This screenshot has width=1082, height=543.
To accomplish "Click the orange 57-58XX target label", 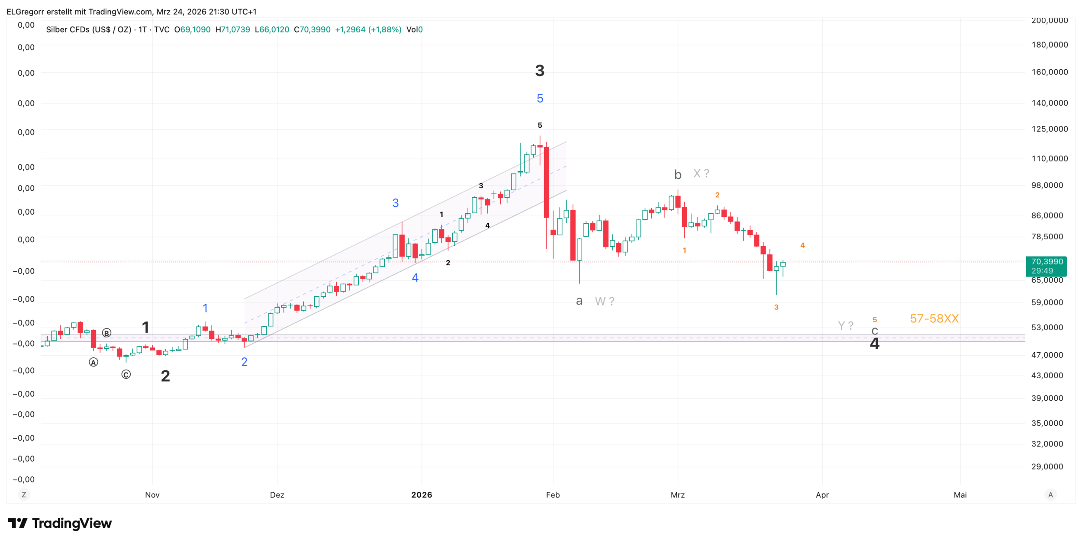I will (x=934, y=319).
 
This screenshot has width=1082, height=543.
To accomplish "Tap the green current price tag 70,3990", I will (x=1046, y=266).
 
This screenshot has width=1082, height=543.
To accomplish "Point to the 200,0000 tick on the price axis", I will (x=1050, y=20).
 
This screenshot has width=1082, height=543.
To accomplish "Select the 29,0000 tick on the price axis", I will (x=1047, y=466).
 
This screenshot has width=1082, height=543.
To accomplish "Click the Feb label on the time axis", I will (x=553, y=495).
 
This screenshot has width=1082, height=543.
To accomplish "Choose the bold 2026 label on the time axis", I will (x=422, y=495).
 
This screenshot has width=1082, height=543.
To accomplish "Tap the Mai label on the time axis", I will (x=960, y=495).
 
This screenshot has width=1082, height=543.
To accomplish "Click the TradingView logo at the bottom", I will (x=60, y=524).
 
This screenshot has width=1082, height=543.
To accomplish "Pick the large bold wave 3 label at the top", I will (x=540, y=71).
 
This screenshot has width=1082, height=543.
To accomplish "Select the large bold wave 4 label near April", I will (x=874, y=344).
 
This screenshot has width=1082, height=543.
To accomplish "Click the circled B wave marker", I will (x=106, y=333).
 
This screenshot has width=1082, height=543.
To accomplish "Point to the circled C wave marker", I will (x=126, y=375).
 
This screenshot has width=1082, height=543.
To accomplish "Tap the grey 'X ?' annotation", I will (x=701, y=174).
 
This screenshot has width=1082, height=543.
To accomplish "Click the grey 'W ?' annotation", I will (x=605, y=301).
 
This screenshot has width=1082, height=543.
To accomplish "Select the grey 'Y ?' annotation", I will (x=846, y=325).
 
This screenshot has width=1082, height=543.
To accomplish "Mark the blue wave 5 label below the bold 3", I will (x=540, y=99).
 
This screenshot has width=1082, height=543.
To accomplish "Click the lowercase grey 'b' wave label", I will (x=678, y=175).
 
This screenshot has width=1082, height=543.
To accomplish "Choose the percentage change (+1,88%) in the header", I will (x=385, y=30).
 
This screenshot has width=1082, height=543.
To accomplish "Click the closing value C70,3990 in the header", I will (x=312, y=30).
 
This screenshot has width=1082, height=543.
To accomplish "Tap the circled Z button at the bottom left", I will (x=24, y=495).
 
